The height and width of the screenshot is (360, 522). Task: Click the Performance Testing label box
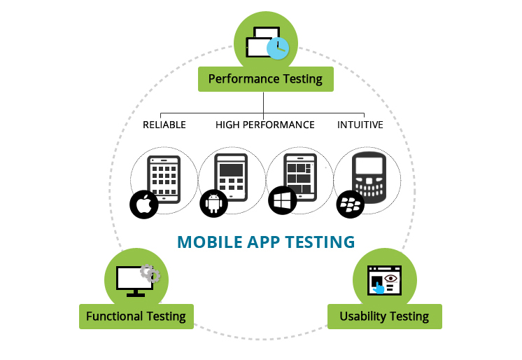coord(266,79)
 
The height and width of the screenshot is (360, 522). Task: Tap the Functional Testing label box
coord(136,317)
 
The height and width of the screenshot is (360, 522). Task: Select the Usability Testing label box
coord(385,317)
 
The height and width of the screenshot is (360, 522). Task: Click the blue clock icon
coord(278,48)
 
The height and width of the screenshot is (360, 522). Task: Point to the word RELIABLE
coord(164,125)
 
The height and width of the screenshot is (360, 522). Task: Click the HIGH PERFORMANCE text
coord(265,125)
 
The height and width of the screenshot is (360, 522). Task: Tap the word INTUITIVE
coord(360,125)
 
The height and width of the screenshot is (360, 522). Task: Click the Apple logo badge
coord(144,205)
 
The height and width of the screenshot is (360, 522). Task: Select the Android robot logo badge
coord(213,203)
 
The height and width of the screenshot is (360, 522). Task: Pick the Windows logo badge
coord(283,200)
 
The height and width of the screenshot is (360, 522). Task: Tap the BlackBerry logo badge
coord(351,205)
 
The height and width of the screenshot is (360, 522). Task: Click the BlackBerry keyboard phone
coord(369,177)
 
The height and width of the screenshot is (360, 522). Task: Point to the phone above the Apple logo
coord(164,179)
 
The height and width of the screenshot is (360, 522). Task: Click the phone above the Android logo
coord(231,177)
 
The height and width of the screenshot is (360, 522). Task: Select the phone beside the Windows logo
coord(300,177)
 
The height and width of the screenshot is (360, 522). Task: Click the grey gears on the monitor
coord(150,274)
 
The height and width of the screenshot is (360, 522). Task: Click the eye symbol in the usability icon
coord(390,278)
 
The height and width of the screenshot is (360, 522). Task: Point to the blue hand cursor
coord(378,288)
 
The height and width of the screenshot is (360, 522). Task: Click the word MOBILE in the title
coord(210,242)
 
